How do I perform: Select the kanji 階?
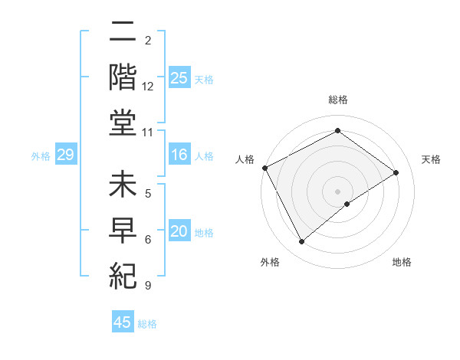(x=123, y=79)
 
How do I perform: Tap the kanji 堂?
(x=123, y=125)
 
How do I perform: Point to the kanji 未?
(x=123, y=186)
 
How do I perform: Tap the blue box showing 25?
(x=179, y=78)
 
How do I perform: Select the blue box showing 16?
(x=179, y=155)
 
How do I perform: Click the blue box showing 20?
(x=179, y=232)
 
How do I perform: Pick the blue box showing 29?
(x=65, y=155)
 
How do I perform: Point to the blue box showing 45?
(x=122, y=322)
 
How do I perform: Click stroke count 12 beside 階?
(x=148, y=87)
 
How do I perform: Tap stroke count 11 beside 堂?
(x=148, y=133)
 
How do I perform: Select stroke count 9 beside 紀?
(x=148, y=286)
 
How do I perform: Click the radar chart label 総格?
(x=338, y=100)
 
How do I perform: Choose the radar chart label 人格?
(x=245, y=159)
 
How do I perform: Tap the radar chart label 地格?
(x=402, y=262)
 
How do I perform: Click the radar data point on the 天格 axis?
(x=396, y=173)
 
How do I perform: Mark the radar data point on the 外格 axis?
(x=301, y=242)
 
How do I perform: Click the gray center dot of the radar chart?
(x=337, y=191)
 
